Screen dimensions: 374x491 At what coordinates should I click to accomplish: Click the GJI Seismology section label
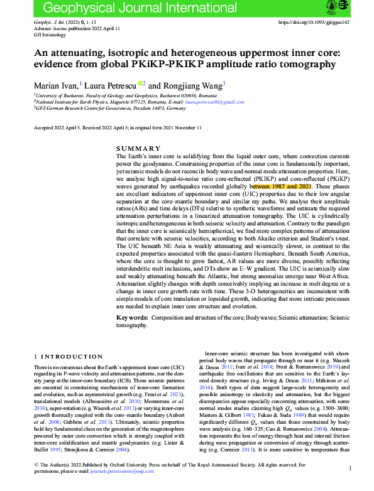[x=50, y=34]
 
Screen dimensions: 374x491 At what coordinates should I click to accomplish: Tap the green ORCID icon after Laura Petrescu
[x=142, y=84]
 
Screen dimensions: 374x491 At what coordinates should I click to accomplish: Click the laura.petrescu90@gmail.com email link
[x=214, y=101]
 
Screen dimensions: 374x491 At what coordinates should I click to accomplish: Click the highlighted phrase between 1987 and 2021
[x=280, y=186]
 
